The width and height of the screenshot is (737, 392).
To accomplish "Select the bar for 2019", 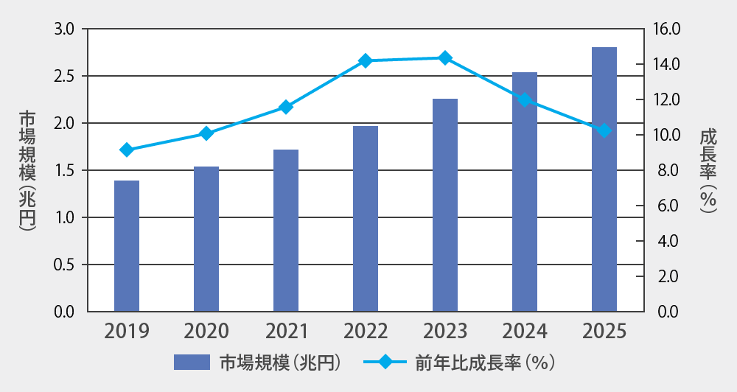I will [127, 245].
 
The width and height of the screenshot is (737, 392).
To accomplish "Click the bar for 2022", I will [366, 218].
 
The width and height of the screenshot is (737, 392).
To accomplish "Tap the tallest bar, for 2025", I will [604, 179].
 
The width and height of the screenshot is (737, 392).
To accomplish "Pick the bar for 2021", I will [286, 230].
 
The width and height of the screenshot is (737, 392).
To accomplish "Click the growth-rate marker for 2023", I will [445, 57].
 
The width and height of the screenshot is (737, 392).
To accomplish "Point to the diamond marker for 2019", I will [127, 150].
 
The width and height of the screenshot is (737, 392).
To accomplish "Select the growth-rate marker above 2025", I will [604, 130].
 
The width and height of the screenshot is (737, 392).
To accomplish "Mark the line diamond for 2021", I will [286, 107].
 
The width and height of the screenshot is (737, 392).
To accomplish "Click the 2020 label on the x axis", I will [206, 331].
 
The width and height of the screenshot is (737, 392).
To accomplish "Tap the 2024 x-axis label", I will [525, 331].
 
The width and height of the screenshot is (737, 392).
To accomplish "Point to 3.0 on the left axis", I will [65, 29].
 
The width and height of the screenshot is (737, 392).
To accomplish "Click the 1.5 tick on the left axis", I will [65, 170].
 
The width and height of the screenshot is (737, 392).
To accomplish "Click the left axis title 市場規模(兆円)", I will [27, 170].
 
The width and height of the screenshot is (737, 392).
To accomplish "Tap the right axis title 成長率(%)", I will [708, 170].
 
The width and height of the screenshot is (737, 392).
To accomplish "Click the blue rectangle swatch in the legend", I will [192, 363].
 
